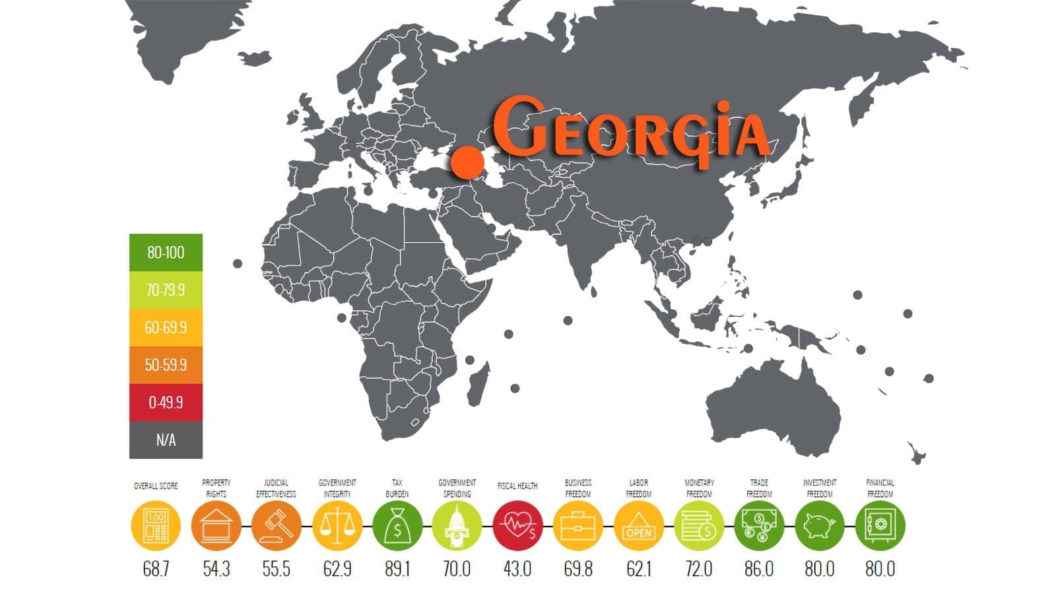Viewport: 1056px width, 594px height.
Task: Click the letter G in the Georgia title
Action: click(x=518, y=126)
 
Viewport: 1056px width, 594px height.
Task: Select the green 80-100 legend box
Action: click(x=166, y=252)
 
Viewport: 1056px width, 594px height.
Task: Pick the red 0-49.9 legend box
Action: click(x=166, y=402)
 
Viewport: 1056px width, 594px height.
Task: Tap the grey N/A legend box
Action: click(x=166, y=440)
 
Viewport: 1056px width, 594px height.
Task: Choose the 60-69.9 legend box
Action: click(x=166, y=327)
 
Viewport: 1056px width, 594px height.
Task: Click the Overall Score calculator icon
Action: click(x=156, y=525)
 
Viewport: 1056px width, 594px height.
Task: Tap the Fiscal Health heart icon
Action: click(x=517, y=525)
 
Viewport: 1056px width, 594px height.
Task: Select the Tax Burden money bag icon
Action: click(x=397, y=525)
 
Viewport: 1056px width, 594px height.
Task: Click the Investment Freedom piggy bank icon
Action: click(x=819, y=525)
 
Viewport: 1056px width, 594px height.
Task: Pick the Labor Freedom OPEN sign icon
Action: click(x=638, y=525)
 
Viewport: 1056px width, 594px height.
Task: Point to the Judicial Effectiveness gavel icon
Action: click(x=276, y=525)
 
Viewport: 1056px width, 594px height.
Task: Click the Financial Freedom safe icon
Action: click(x=880, y=525)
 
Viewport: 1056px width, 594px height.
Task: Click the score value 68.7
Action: click(x=156, y=569)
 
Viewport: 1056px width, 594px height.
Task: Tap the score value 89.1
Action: click(x=397, y=569)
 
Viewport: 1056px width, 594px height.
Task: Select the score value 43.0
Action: click(x=517, y=569)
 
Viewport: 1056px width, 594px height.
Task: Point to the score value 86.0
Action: click(x=759, y=569)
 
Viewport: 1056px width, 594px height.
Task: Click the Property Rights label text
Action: click(x=216, y=488)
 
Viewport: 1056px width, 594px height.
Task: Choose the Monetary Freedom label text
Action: click(x=699, y=488)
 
